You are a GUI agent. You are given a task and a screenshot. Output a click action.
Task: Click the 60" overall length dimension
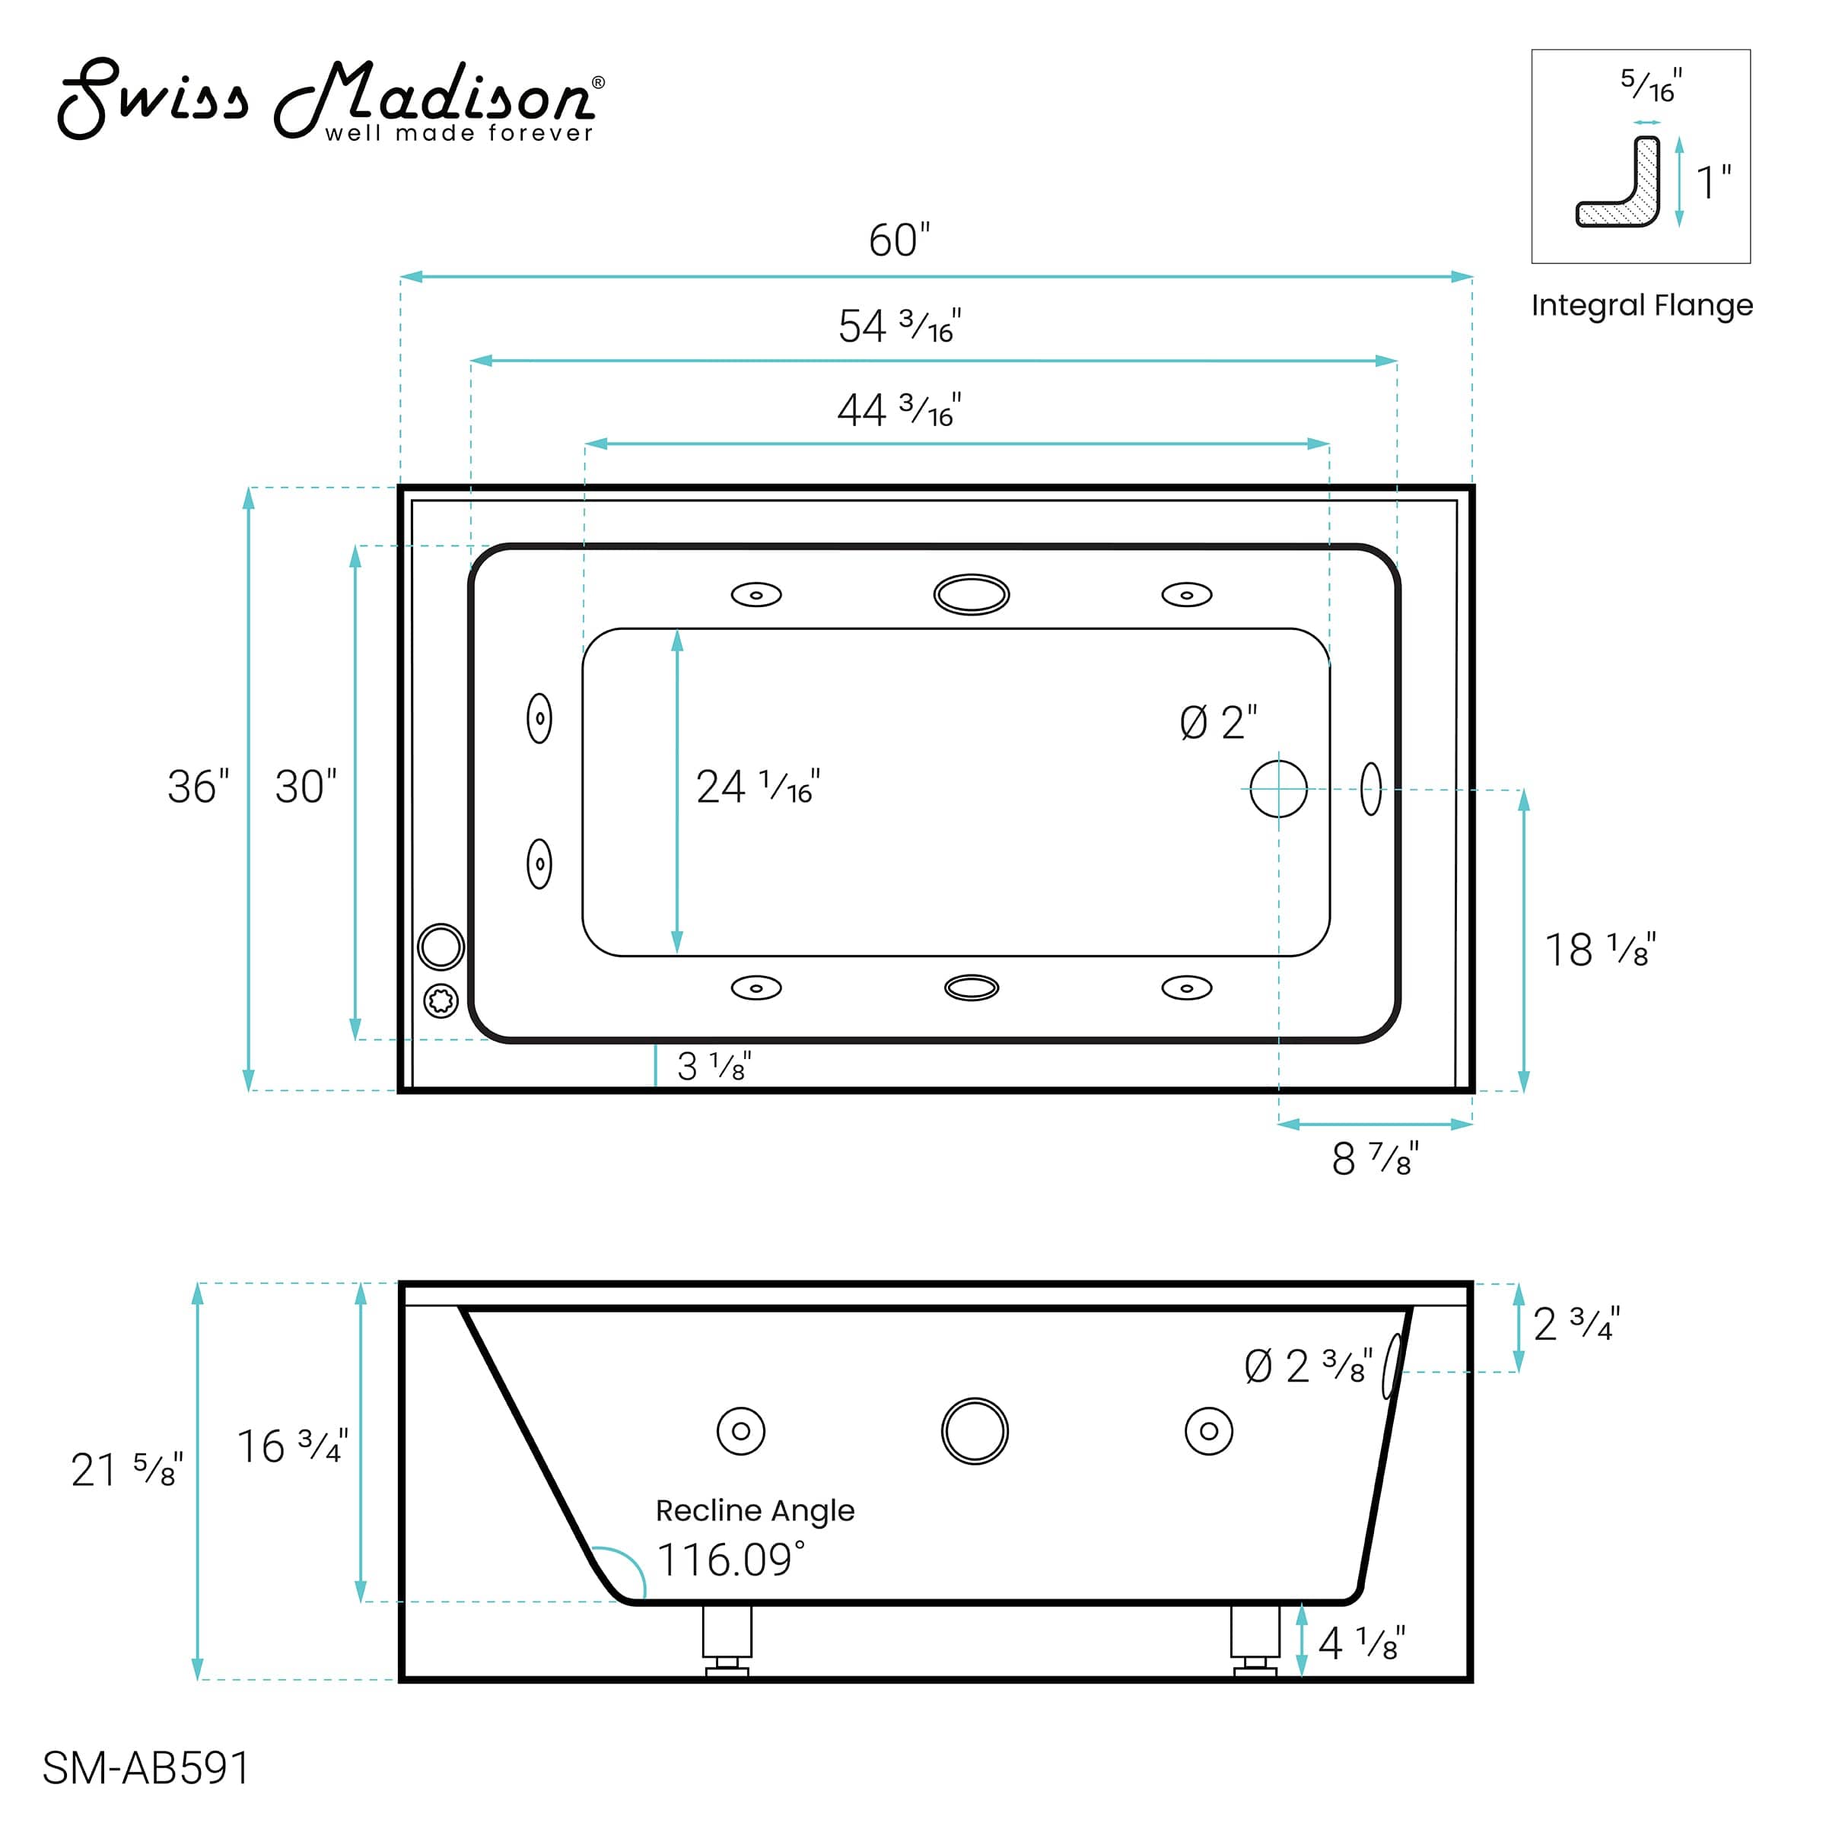899,240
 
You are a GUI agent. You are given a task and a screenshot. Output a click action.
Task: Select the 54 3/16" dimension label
899,326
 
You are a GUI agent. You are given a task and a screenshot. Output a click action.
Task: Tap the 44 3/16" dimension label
899,410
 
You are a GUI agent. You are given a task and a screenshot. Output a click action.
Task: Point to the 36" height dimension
198,787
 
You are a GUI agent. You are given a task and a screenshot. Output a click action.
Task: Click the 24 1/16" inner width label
757,787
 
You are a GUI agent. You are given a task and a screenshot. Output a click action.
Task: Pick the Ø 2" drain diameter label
1217,723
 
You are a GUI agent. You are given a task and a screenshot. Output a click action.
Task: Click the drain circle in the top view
1278,788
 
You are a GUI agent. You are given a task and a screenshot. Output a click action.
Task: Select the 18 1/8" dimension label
1599,950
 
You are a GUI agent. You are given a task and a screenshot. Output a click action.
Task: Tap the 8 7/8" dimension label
1374,1159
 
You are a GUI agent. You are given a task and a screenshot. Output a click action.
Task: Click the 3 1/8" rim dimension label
714,1066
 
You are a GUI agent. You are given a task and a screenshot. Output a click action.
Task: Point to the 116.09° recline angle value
730,1560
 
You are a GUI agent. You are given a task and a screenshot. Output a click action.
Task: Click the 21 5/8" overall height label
126,1470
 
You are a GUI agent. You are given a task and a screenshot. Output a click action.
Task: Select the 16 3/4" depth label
292,1446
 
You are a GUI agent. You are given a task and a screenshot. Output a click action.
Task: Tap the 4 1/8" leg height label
1361,1643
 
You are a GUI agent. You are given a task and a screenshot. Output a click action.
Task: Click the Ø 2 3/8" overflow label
1307,1366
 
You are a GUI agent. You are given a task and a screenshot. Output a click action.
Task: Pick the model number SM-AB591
147,1767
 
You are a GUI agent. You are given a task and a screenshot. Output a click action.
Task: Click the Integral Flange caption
1642,305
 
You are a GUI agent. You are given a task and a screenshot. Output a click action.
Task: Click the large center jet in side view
975,1431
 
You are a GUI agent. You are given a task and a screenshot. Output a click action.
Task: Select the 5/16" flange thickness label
1650,85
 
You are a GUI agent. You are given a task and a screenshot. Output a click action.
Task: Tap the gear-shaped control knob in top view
441,1000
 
